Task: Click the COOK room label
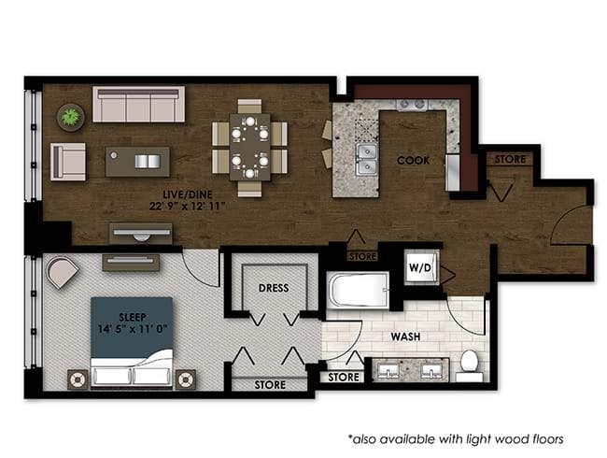pyautogui.click(x=413, y=160)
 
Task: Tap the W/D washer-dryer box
pyautogui.click(x=421, y=267)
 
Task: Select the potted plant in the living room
pyautogui.click(x=70, y=117)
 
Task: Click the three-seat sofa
pyautogui.click(x=138, y=105)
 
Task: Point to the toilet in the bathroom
pyautogui.click(x=469, y=365)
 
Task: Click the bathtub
pyautogui.click(x=358, y=290)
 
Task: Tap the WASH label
pyautogui.click(x=405, y=336)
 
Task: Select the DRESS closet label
pyautogui.click(x=274, y=288)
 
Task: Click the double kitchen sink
pyautogui.click(x=366, y=160)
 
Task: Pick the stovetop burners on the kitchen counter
pyautogui.click(x=412, y=104)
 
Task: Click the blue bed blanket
pyautogui.click(x=132, y=327)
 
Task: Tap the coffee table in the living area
pyautogui.click(x=137, y=162)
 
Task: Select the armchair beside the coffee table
pyautogui.click(x=68, y=162)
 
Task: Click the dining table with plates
pyautogui.click(x=249, y=148)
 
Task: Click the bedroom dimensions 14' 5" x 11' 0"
pyautogui.click(x=133, y=329)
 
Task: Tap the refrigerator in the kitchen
pyautogui.click(x=452, y=173)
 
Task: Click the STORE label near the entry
pyautogui.click(x=510, y=159)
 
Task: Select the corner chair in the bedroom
pyautogui.click(x=62, y=272)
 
